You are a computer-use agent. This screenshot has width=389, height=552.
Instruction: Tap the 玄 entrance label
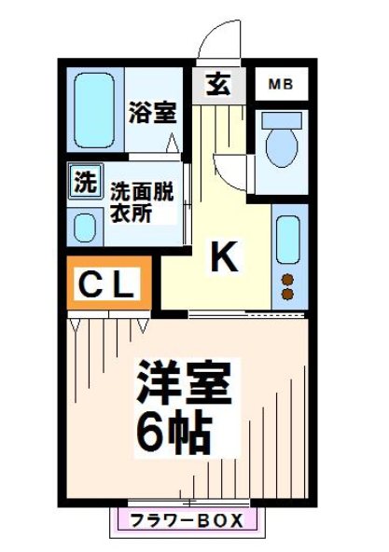(218, 85)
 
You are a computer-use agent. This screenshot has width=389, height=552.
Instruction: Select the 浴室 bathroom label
(152, 113)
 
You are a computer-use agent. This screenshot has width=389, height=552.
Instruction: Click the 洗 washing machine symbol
(84, 181)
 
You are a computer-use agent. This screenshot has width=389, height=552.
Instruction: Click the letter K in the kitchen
(223, 258)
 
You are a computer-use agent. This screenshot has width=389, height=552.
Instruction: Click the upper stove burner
(288, 279)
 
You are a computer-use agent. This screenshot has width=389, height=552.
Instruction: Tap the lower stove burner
(288, 296)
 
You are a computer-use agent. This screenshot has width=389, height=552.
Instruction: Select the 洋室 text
(185, 379)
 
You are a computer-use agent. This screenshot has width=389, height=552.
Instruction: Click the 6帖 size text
(175, 430)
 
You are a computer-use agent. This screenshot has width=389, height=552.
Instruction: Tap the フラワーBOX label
(186, 519)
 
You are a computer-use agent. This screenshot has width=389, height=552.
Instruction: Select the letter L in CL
(125, 285)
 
